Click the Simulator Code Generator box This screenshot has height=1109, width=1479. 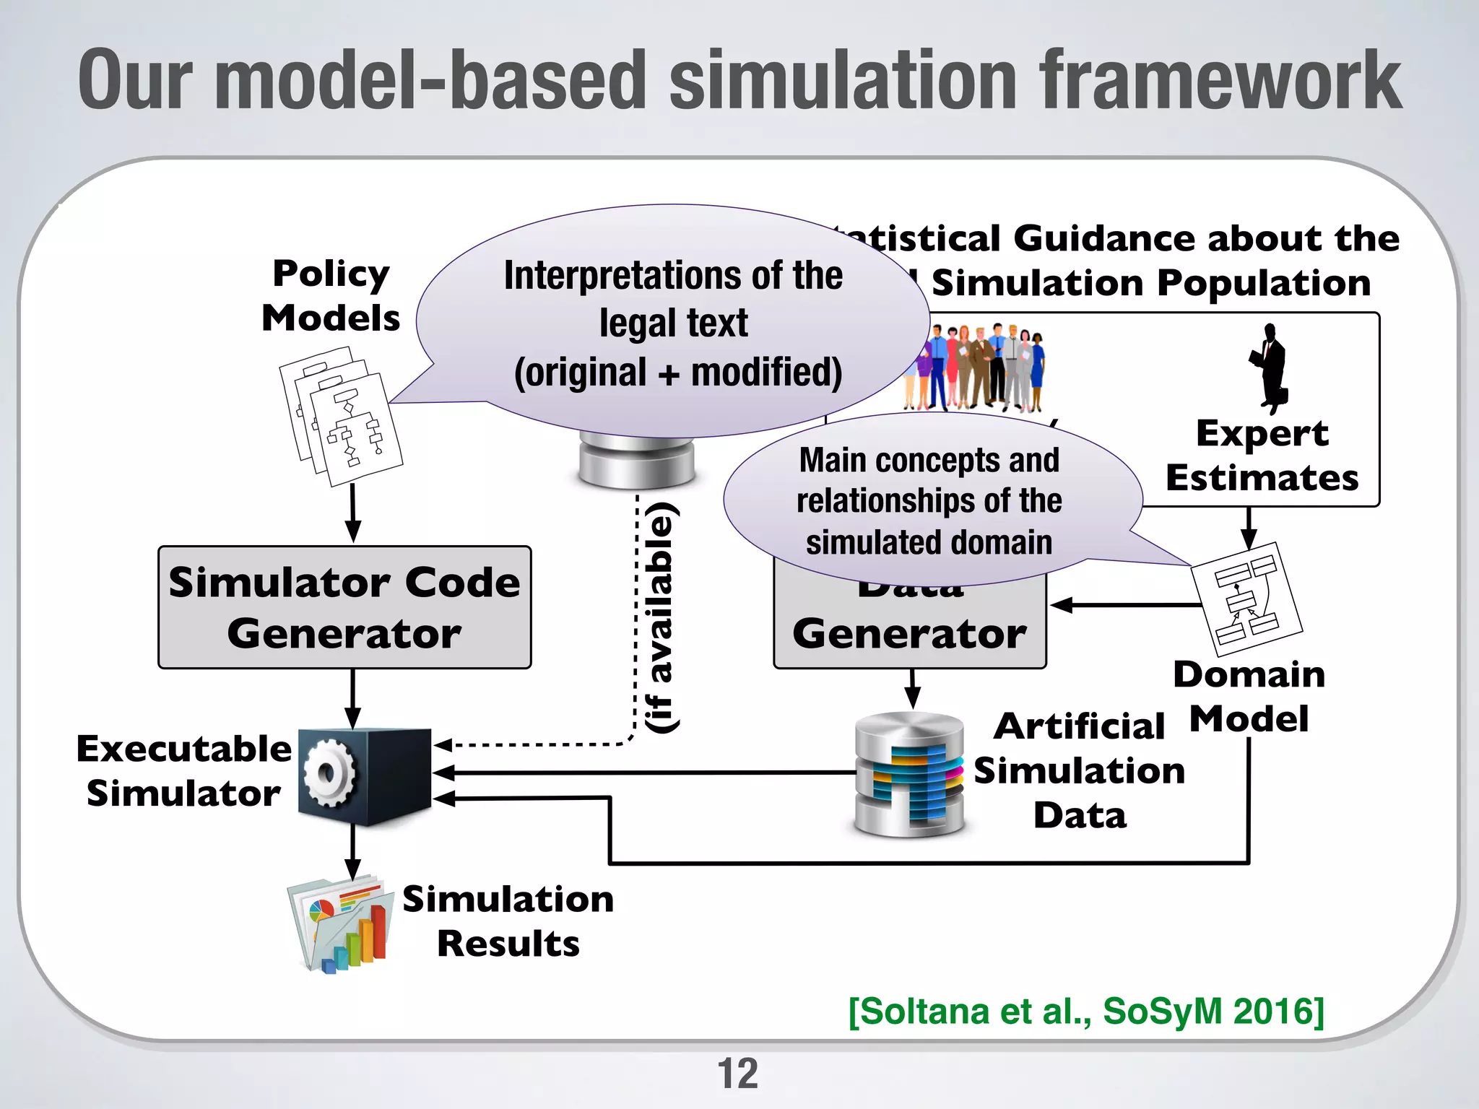point(344,607)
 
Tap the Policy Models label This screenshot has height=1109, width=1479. point(331,295)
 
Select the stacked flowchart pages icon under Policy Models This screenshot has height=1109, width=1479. point(341,417)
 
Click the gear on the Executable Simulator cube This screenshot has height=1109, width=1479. point(329,774)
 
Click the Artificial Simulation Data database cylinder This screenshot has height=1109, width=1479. point(909,775)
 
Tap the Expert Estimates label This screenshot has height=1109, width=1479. point(1262,456)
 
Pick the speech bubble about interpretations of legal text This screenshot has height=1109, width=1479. point(673,323)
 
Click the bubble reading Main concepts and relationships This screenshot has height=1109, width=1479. point(929,501)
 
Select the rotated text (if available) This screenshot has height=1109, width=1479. point(661,617)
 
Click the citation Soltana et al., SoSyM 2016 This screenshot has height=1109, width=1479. point(1086,1011)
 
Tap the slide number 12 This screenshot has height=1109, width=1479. point(737,1074)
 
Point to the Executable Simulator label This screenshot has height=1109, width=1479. point(183,771)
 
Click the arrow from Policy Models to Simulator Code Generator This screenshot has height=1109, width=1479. point(352,513)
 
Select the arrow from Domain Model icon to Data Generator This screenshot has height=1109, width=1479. point(1124,605)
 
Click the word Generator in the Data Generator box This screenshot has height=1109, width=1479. point(909,634)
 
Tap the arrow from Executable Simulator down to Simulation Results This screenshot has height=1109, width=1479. point(352,852)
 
